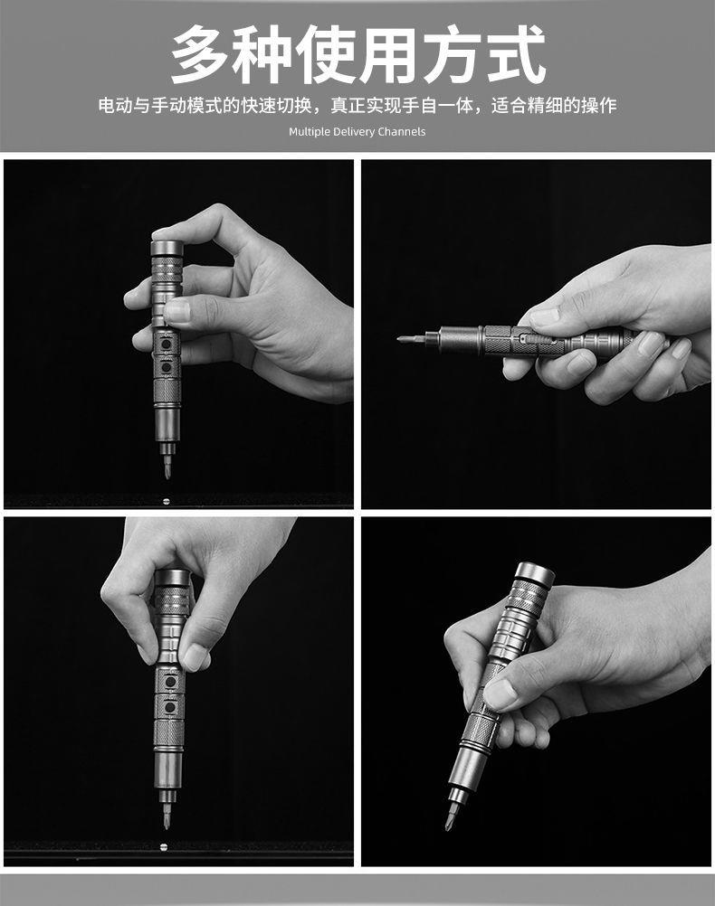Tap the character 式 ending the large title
[515, 55]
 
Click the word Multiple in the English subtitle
[310, 132]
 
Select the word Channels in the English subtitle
[402, 132]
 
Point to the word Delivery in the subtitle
[354, 132]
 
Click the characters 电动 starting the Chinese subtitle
[115, 106]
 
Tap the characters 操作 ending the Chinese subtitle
[599, 106]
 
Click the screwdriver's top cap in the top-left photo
[167, 248]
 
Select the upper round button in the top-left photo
[167, 344]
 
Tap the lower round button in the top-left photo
[167, 367]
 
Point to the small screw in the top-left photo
[167, 501]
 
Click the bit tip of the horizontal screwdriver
[400, 339]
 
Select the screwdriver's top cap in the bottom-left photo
[172, 577]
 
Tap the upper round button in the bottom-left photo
[170, 682]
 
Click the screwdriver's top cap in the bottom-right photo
[535, 572]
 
